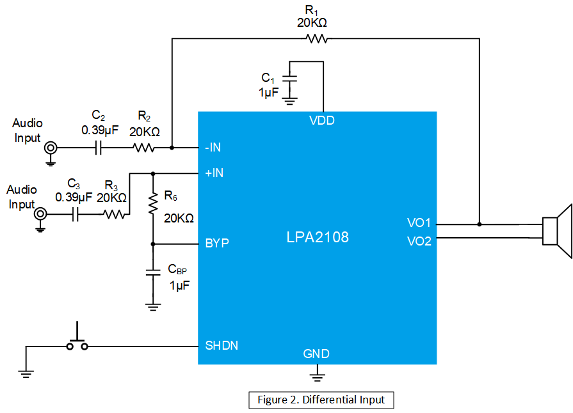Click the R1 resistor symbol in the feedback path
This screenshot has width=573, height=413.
pos(316,38)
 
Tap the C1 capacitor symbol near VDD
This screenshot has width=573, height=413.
pos(290,79)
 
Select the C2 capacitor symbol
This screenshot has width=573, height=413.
pos(98,148)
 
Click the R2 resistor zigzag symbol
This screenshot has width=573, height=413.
pos(143,148)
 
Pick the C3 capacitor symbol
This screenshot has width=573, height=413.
pos(76,214)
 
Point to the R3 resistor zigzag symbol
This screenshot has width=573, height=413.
pos(115,214)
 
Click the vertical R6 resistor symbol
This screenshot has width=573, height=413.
pos(153,203)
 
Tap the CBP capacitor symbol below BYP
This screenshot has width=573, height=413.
pos(153,272)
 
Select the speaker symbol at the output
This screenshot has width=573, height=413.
pos(557,231)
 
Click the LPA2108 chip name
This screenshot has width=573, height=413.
pos(318,237)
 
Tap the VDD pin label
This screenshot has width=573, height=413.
pos(322,120)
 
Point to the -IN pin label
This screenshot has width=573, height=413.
pos(213,148)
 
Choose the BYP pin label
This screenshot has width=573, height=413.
pos(217,243)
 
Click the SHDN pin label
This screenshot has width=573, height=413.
pos(222,345)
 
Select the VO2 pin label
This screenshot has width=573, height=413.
pos(419,241)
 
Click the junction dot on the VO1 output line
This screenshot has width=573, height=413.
pos(480,224)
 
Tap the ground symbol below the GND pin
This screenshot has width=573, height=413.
pos(317,377)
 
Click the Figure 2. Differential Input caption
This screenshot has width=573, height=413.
pos(321,400)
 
